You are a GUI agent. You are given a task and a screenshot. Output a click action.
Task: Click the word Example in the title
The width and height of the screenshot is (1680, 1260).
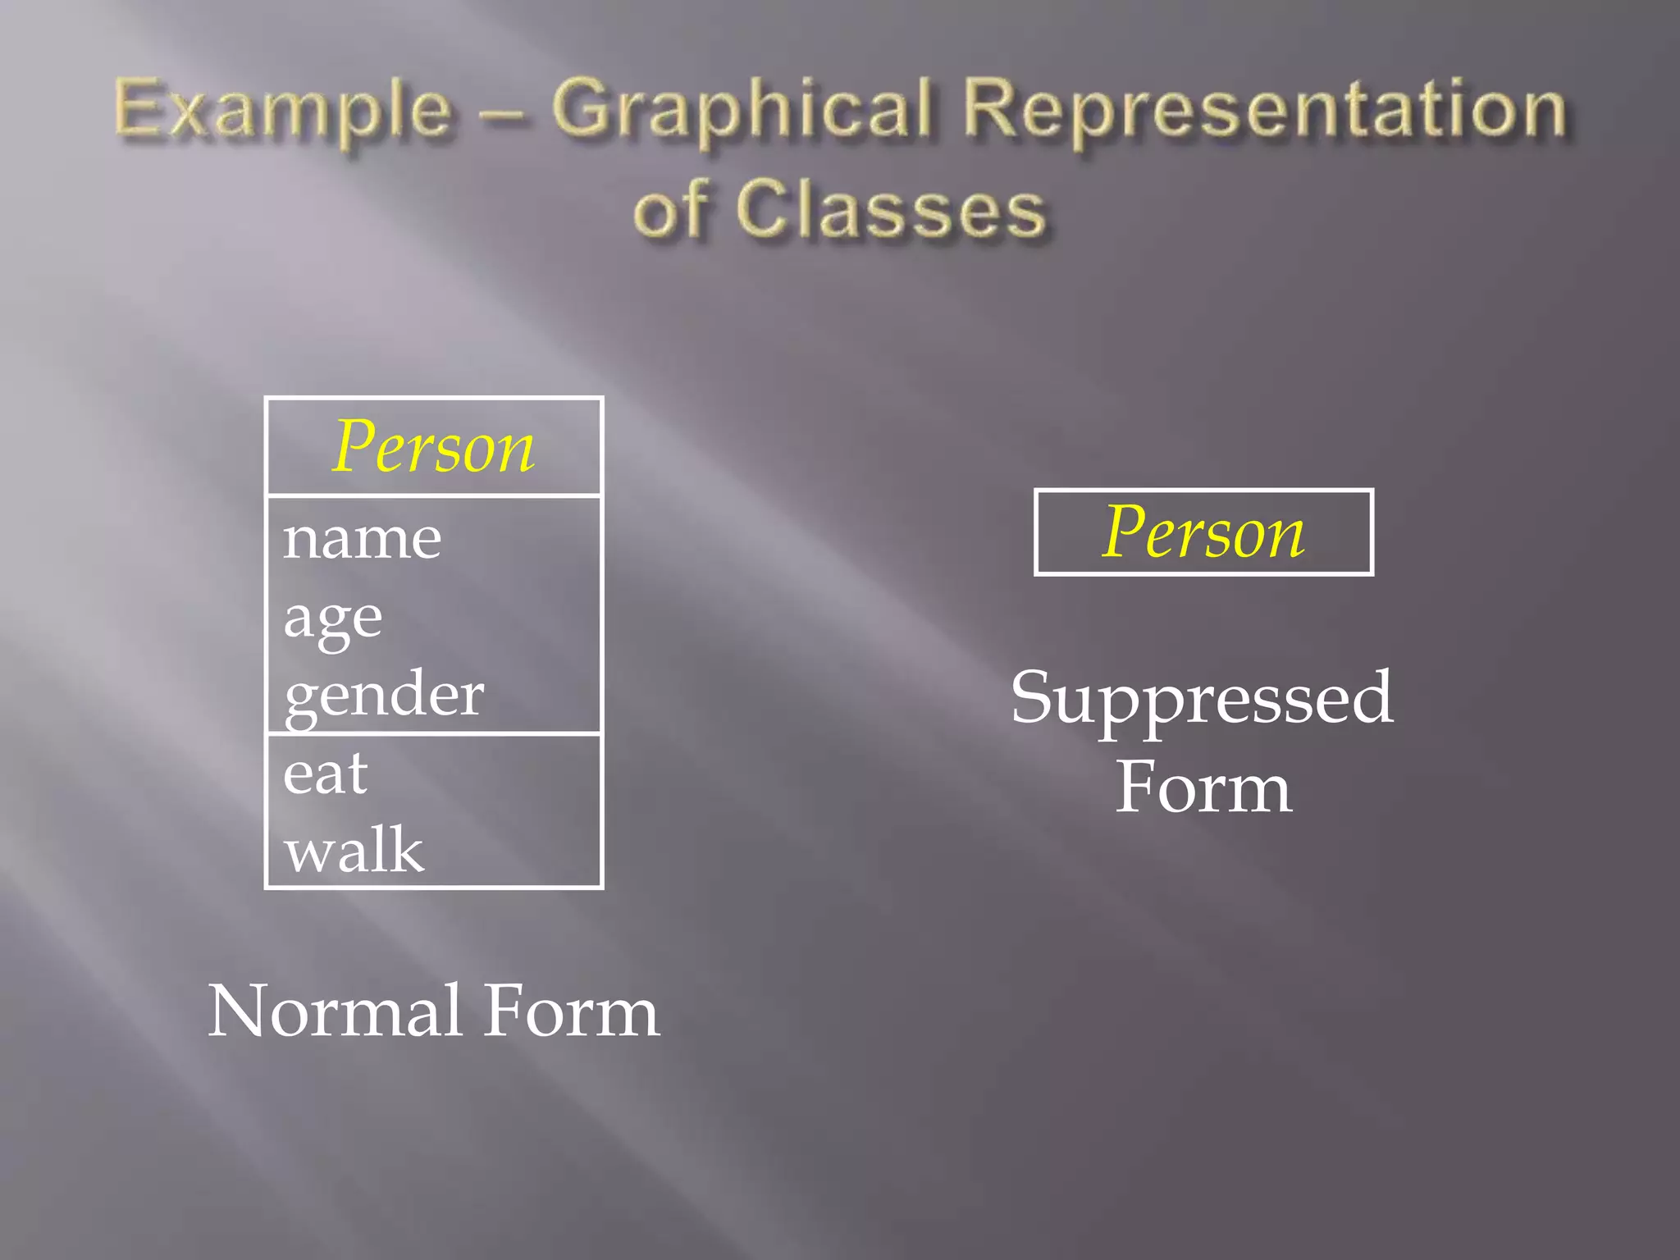tap(283, 111)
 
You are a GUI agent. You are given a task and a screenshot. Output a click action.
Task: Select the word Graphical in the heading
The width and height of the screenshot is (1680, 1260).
tap(743, 111)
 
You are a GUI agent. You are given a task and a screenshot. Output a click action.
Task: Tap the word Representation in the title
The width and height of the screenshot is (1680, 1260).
tap(1264, 111)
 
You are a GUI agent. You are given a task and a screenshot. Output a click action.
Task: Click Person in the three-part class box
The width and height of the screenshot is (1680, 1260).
tap(434, 447)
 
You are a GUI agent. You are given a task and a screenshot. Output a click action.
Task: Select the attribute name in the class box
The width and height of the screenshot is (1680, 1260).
tap(362, 539)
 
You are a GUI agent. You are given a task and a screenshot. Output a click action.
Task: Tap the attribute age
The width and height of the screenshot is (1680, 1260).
tap(333, 618)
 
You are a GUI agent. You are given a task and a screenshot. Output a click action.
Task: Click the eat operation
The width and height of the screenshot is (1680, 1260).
tap(326, 774)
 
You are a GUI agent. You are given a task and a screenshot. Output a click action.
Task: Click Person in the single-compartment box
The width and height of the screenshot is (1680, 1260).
tap(1203, 532)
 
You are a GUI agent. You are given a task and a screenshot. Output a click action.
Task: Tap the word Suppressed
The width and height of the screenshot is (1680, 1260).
tap(1202, 698)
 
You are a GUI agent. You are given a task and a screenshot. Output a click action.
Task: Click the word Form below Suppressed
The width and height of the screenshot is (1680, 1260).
tap(1203, 787)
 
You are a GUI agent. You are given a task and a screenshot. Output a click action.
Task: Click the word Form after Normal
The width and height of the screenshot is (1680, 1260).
tap(572, 1011)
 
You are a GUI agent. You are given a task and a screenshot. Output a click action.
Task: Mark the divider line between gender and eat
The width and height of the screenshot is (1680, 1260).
tap(434, 733)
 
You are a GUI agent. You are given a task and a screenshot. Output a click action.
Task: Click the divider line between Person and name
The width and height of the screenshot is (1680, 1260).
tap(434, 495)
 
